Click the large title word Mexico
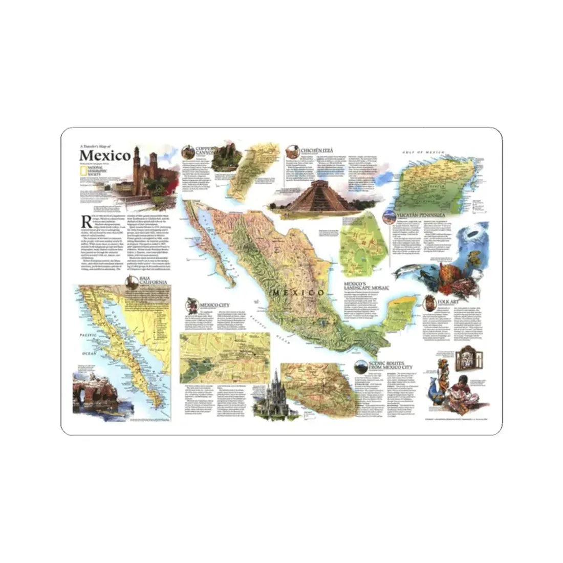(x=105, y=155)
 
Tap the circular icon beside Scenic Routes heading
(x=361, y=366)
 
